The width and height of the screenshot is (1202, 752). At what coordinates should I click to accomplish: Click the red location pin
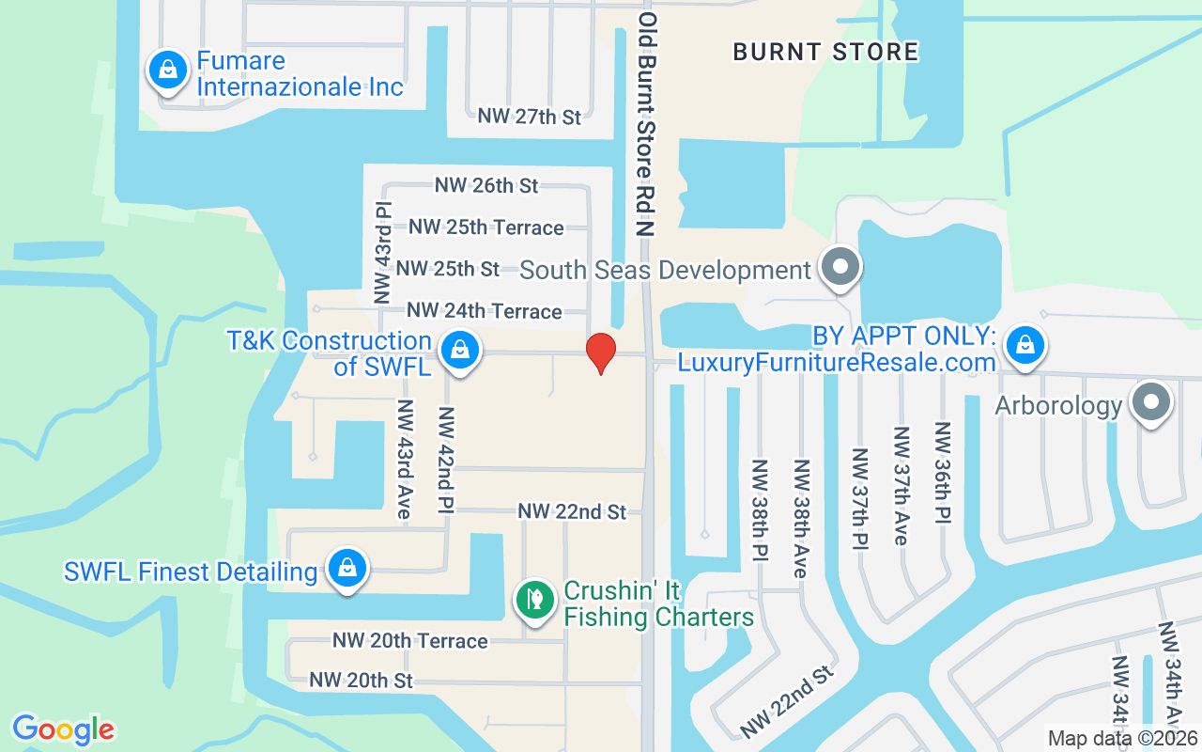[601, 352]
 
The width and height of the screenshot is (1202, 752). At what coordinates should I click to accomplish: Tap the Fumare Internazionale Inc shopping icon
[167, 70]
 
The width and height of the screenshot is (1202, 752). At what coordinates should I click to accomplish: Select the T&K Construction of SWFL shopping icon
[460, 351]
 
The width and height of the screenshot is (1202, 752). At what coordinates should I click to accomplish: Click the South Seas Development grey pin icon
[840, 268]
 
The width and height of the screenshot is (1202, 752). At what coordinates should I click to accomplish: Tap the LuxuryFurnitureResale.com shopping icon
[1025, 346]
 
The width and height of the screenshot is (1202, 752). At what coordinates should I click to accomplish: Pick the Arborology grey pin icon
[1151, 403]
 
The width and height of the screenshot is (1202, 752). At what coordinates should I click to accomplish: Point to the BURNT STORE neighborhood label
[825, 52]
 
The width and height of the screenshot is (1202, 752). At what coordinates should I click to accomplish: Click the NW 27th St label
[530, 117]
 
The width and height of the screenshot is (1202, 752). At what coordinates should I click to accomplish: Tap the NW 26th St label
[486, 185]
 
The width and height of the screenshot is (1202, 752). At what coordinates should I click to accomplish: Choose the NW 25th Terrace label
[486, 227]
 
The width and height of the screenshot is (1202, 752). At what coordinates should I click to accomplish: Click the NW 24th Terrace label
[485, 310]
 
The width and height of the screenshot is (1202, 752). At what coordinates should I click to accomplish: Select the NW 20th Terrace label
[410, 641]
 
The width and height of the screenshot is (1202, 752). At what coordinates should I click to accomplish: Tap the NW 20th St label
[362, 680]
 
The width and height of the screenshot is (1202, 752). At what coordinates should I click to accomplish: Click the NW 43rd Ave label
[406, 460]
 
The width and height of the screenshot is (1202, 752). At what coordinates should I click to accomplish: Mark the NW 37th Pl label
[860, 498]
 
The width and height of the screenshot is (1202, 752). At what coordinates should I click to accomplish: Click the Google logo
[64, 729]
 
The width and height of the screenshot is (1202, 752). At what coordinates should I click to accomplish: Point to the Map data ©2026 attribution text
[1123, 739]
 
